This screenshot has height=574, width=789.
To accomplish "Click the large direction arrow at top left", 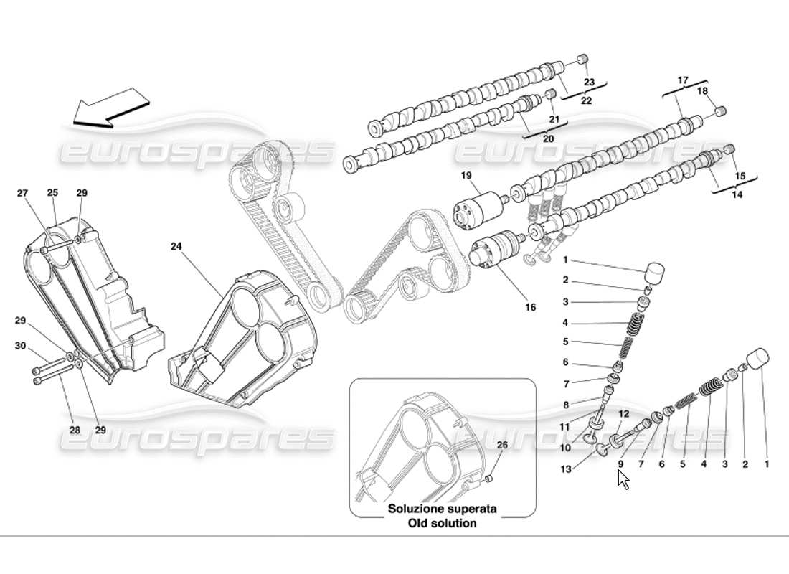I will click(106, 108).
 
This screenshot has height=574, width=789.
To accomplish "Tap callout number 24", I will click(176, 247).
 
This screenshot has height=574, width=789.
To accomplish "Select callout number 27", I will click(23, 193).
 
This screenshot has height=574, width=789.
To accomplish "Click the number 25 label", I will click(52, 193).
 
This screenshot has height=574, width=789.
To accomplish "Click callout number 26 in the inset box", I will click(502, 446).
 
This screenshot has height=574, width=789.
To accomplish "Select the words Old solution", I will click(443, 523).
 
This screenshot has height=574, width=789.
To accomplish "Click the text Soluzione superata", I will click(443, 509).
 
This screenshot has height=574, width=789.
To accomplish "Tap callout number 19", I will click(466, 175).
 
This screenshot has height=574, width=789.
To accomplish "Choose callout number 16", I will click(530, 307).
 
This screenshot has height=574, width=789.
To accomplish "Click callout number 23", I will click(590, 82).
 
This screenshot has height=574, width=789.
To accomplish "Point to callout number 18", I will click(702, 91).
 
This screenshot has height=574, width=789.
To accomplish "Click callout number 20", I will click(547, 138).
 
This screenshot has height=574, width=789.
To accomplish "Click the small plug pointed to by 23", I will click(582, 60).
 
